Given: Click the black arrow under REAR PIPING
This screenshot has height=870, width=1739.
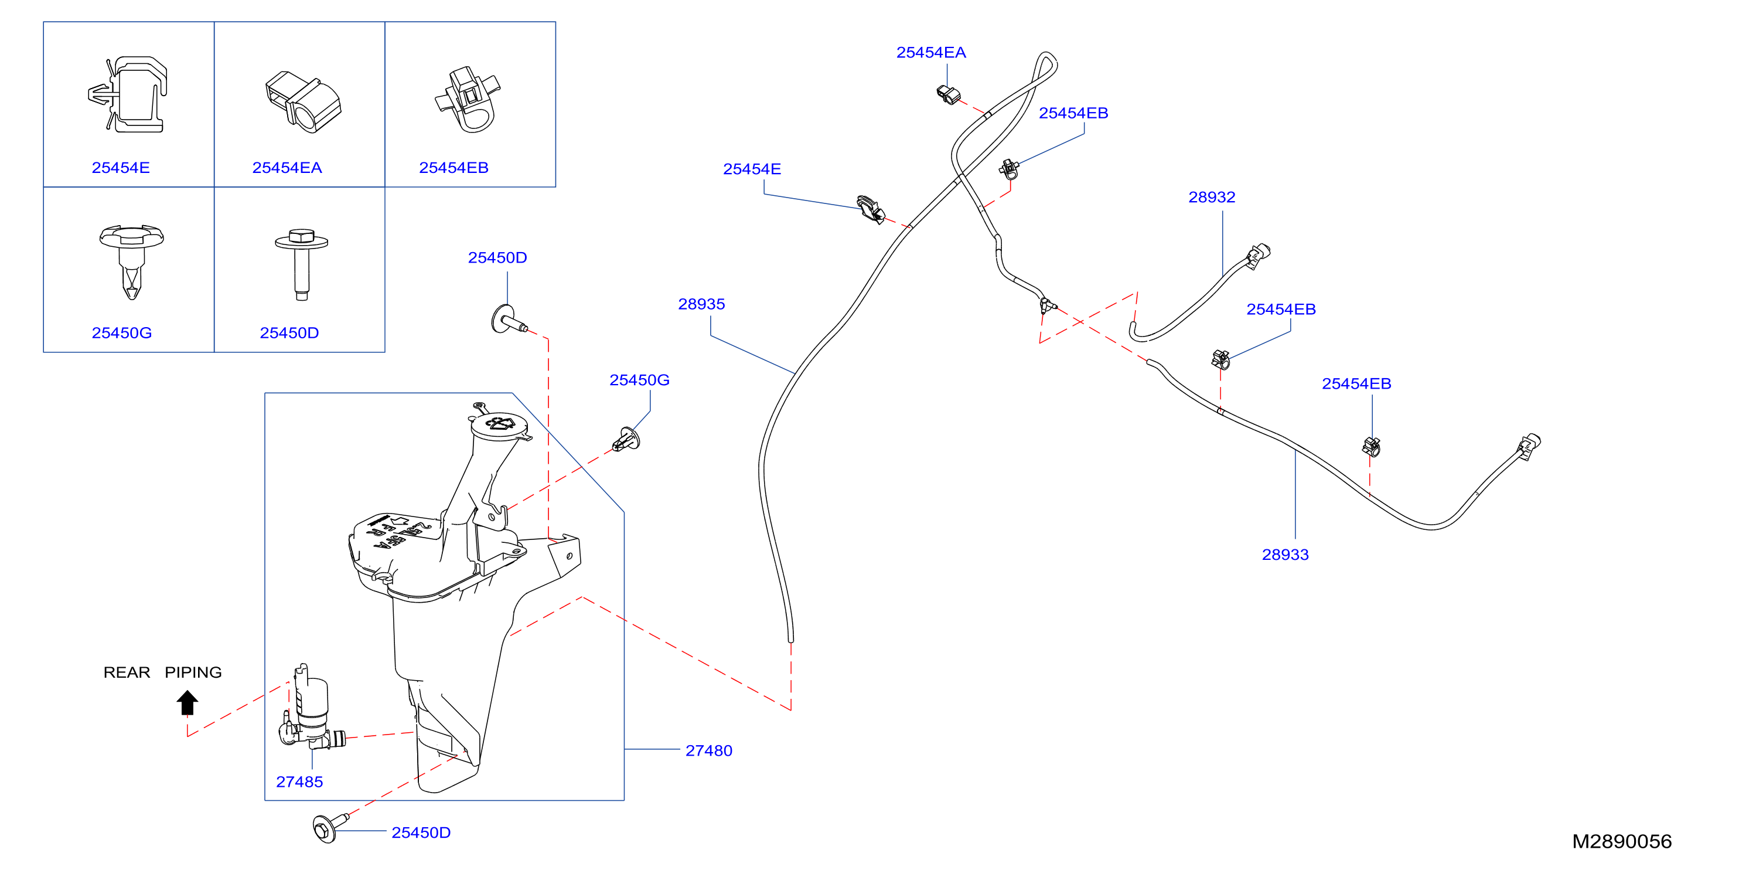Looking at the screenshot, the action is (187, 702).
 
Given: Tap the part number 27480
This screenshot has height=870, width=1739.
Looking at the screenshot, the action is (709, 750).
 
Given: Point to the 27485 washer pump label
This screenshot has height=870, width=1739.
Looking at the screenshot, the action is (300, 781).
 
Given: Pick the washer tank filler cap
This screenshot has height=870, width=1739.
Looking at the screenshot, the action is (500, 424).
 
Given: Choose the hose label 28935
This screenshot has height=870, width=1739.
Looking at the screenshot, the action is (701, 304).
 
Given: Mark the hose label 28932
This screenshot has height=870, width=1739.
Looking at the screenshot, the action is (1212, 197).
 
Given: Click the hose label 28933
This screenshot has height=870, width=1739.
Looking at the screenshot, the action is (1286, 555).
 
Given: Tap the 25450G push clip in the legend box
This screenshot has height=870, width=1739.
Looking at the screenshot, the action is (131, 262).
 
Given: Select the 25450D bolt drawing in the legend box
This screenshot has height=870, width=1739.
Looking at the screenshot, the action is (301, 264).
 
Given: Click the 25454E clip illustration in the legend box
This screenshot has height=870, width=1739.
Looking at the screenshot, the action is (128, 94).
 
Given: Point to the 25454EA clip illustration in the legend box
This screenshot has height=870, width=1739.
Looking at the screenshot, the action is (303, 101).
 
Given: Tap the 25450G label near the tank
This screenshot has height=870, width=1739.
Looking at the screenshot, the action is (639, 380).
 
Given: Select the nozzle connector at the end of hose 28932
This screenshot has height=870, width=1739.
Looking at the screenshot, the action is (1259, 256).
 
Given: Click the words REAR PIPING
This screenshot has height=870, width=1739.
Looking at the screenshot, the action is (163, 672).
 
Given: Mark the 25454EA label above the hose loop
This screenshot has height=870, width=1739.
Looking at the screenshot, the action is (931, 53).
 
